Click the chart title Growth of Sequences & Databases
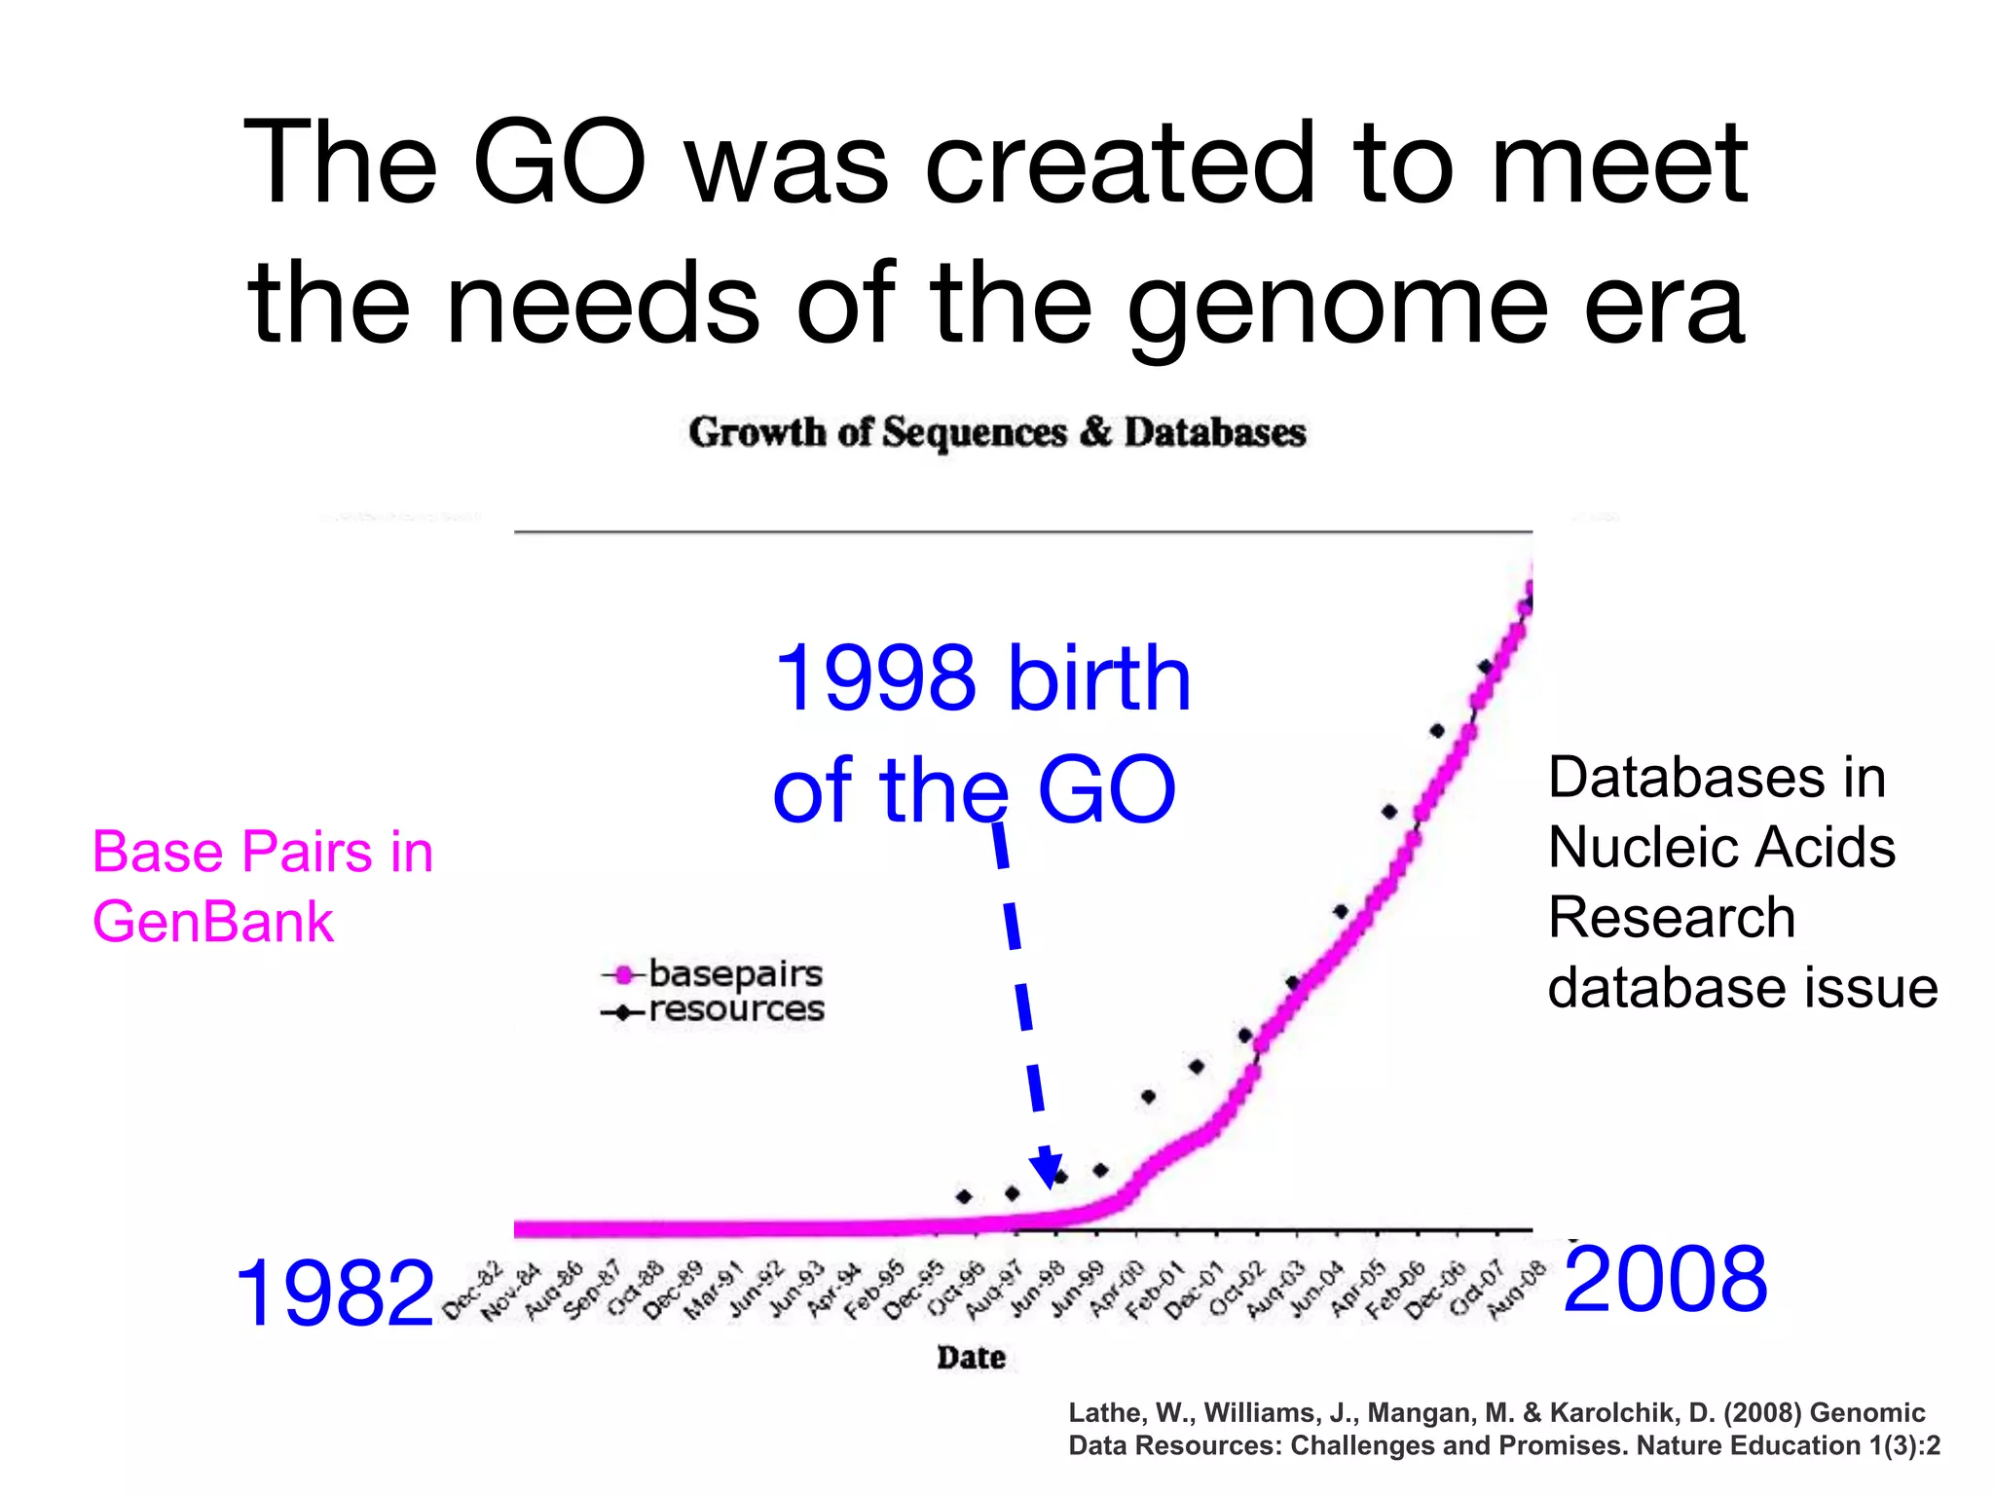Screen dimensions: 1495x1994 pos(996,432)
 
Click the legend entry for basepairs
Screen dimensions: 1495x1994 pos(734,972)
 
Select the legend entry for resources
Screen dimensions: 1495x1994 pos(735,1009)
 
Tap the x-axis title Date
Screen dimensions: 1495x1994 pos(971,1357)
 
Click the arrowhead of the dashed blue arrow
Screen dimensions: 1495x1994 pos(1047,1169)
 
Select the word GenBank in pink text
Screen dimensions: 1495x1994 pos(213,922)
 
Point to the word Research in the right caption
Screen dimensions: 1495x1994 pos(1672,918)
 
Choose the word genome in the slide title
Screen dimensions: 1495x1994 pos(1336,306)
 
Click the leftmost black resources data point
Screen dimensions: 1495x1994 pos(964,1196)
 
